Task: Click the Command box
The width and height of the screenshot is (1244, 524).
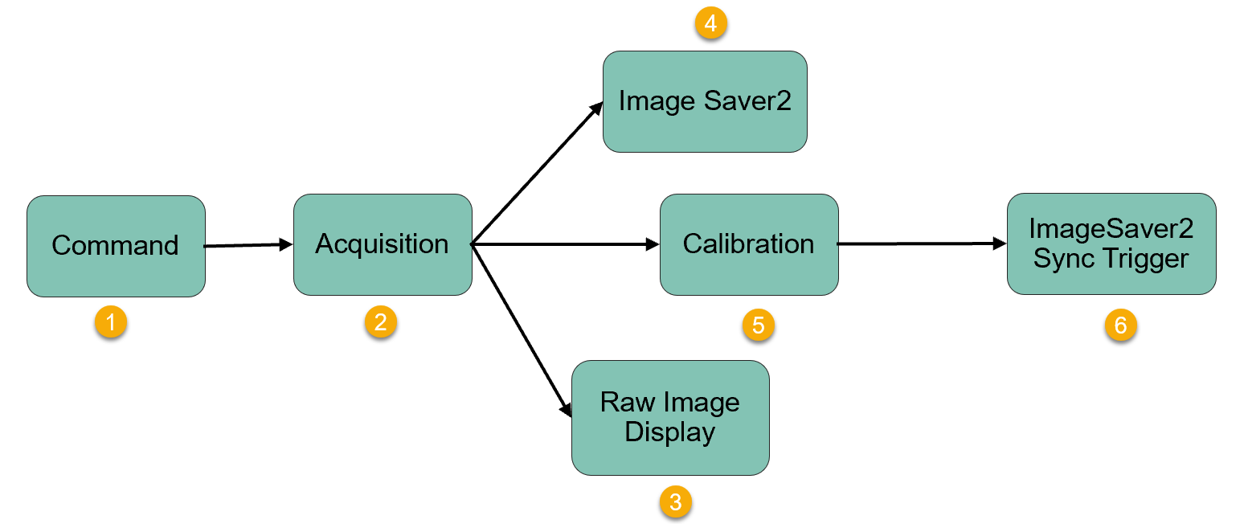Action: [116, 246]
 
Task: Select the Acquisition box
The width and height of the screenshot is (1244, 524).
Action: [382, 244]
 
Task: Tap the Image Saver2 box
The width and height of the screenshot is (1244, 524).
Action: [705, 101]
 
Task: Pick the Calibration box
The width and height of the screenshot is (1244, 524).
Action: [748, 244]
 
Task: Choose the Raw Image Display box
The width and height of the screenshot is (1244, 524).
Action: [670, 417]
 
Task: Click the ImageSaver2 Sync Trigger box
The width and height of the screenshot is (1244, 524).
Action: [1111, 244]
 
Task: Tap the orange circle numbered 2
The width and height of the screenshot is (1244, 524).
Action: [380, 322]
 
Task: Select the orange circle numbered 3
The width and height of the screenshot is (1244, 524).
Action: [675, 502]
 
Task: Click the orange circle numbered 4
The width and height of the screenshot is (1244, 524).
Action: [710, 24]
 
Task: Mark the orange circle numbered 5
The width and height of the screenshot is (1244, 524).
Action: [758, 325]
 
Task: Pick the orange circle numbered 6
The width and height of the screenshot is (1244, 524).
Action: [1120, 325]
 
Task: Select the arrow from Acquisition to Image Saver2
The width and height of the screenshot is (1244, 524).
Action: [537, 173]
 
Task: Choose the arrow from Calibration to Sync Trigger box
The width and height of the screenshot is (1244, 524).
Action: [922, 243]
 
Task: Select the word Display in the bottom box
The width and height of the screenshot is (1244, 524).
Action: [670, 432]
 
